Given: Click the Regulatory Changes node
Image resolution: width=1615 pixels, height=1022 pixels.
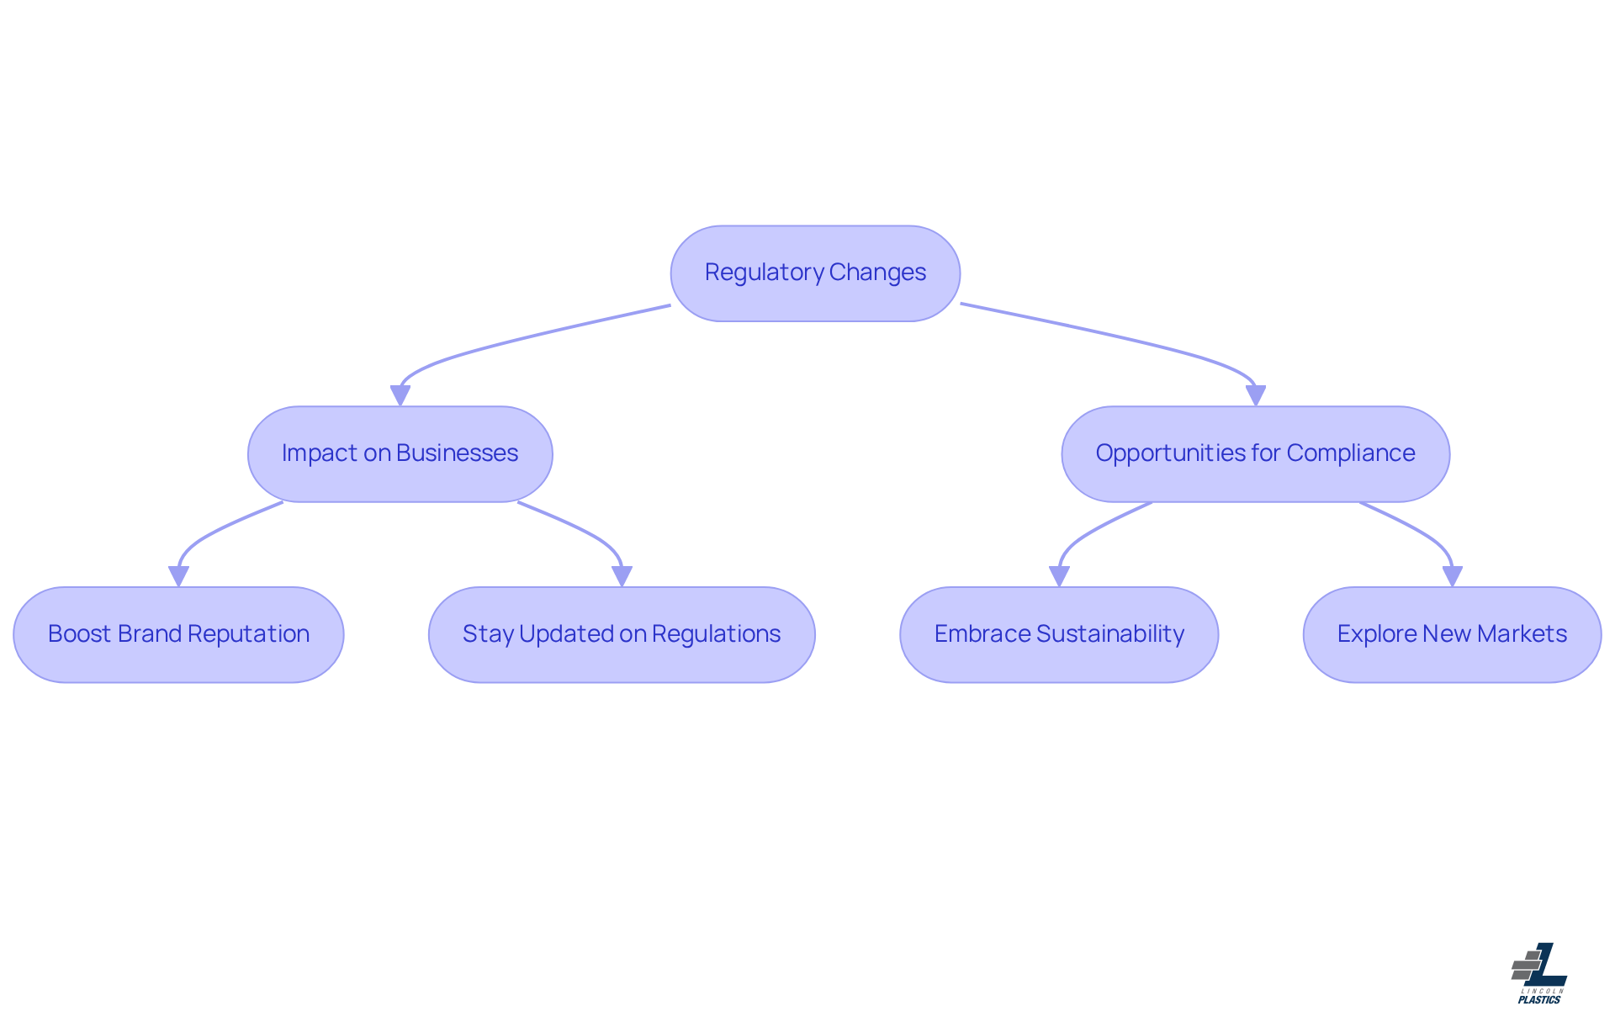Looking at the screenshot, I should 815,273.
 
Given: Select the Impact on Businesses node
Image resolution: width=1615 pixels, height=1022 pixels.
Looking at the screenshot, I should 400,454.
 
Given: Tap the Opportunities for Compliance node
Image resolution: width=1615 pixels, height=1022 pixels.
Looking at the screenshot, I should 1255,454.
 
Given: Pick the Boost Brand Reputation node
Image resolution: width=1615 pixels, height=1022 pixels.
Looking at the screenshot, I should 178,634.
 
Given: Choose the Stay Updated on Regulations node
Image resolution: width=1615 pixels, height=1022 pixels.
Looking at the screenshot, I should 622,634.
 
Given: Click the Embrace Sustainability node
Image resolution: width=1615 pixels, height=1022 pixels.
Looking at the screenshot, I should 1059,634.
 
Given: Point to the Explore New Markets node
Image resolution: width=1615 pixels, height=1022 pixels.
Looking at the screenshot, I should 1452,634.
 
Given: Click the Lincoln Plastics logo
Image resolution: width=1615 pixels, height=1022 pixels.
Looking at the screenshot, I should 1539,973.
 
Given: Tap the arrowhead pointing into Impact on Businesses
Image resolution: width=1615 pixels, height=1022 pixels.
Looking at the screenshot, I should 400,395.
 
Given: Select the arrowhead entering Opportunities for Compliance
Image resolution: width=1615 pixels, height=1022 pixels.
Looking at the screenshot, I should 1256,395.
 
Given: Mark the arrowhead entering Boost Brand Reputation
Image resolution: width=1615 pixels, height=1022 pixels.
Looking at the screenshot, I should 178,576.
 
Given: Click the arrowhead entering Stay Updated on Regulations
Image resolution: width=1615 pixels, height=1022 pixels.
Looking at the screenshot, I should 622,576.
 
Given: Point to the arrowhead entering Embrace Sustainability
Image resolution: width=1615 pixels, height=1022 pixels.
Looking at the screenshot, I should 1059,576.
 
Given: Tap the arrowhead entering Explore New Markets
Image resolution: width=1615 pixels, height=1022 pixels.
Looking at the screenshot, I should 1453,576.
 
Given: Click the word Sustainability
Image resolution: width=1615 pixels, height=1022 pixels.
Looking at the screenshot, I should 1110,634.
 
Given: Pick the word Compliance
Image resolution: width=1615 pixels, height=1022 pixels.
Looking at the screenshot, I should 1351,453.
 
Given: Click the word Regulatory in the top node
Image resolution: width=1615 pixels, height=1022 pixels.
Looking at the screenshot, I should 764,273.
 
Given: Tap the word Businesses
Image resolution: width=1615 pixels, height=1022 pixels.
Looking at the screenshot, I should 458,453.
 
